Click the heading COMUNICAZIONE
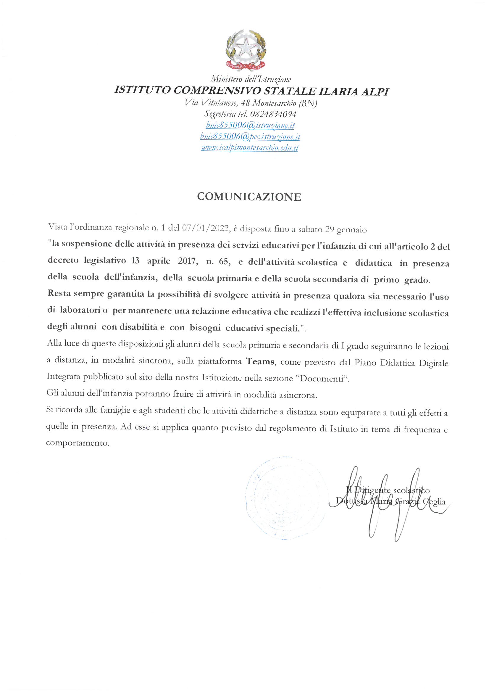click(249, 197)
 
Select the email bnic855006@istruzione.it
click(250, 125)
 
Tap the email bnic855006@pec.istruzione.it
click(250, 136)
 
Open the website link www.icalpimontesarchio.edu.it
click(249, 148)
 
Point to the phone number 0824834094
click(273, 114)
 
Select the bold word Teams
click(260, 361)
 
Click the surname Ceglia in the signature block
click(434, 501)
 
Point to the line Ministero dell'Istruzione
click(251, 79)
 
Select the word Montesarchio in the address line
click(274, 103)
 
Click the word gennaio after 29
click(352, 230)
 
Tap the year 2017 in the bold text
click(188, 261)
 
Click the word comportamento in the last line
click(78, 443)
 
